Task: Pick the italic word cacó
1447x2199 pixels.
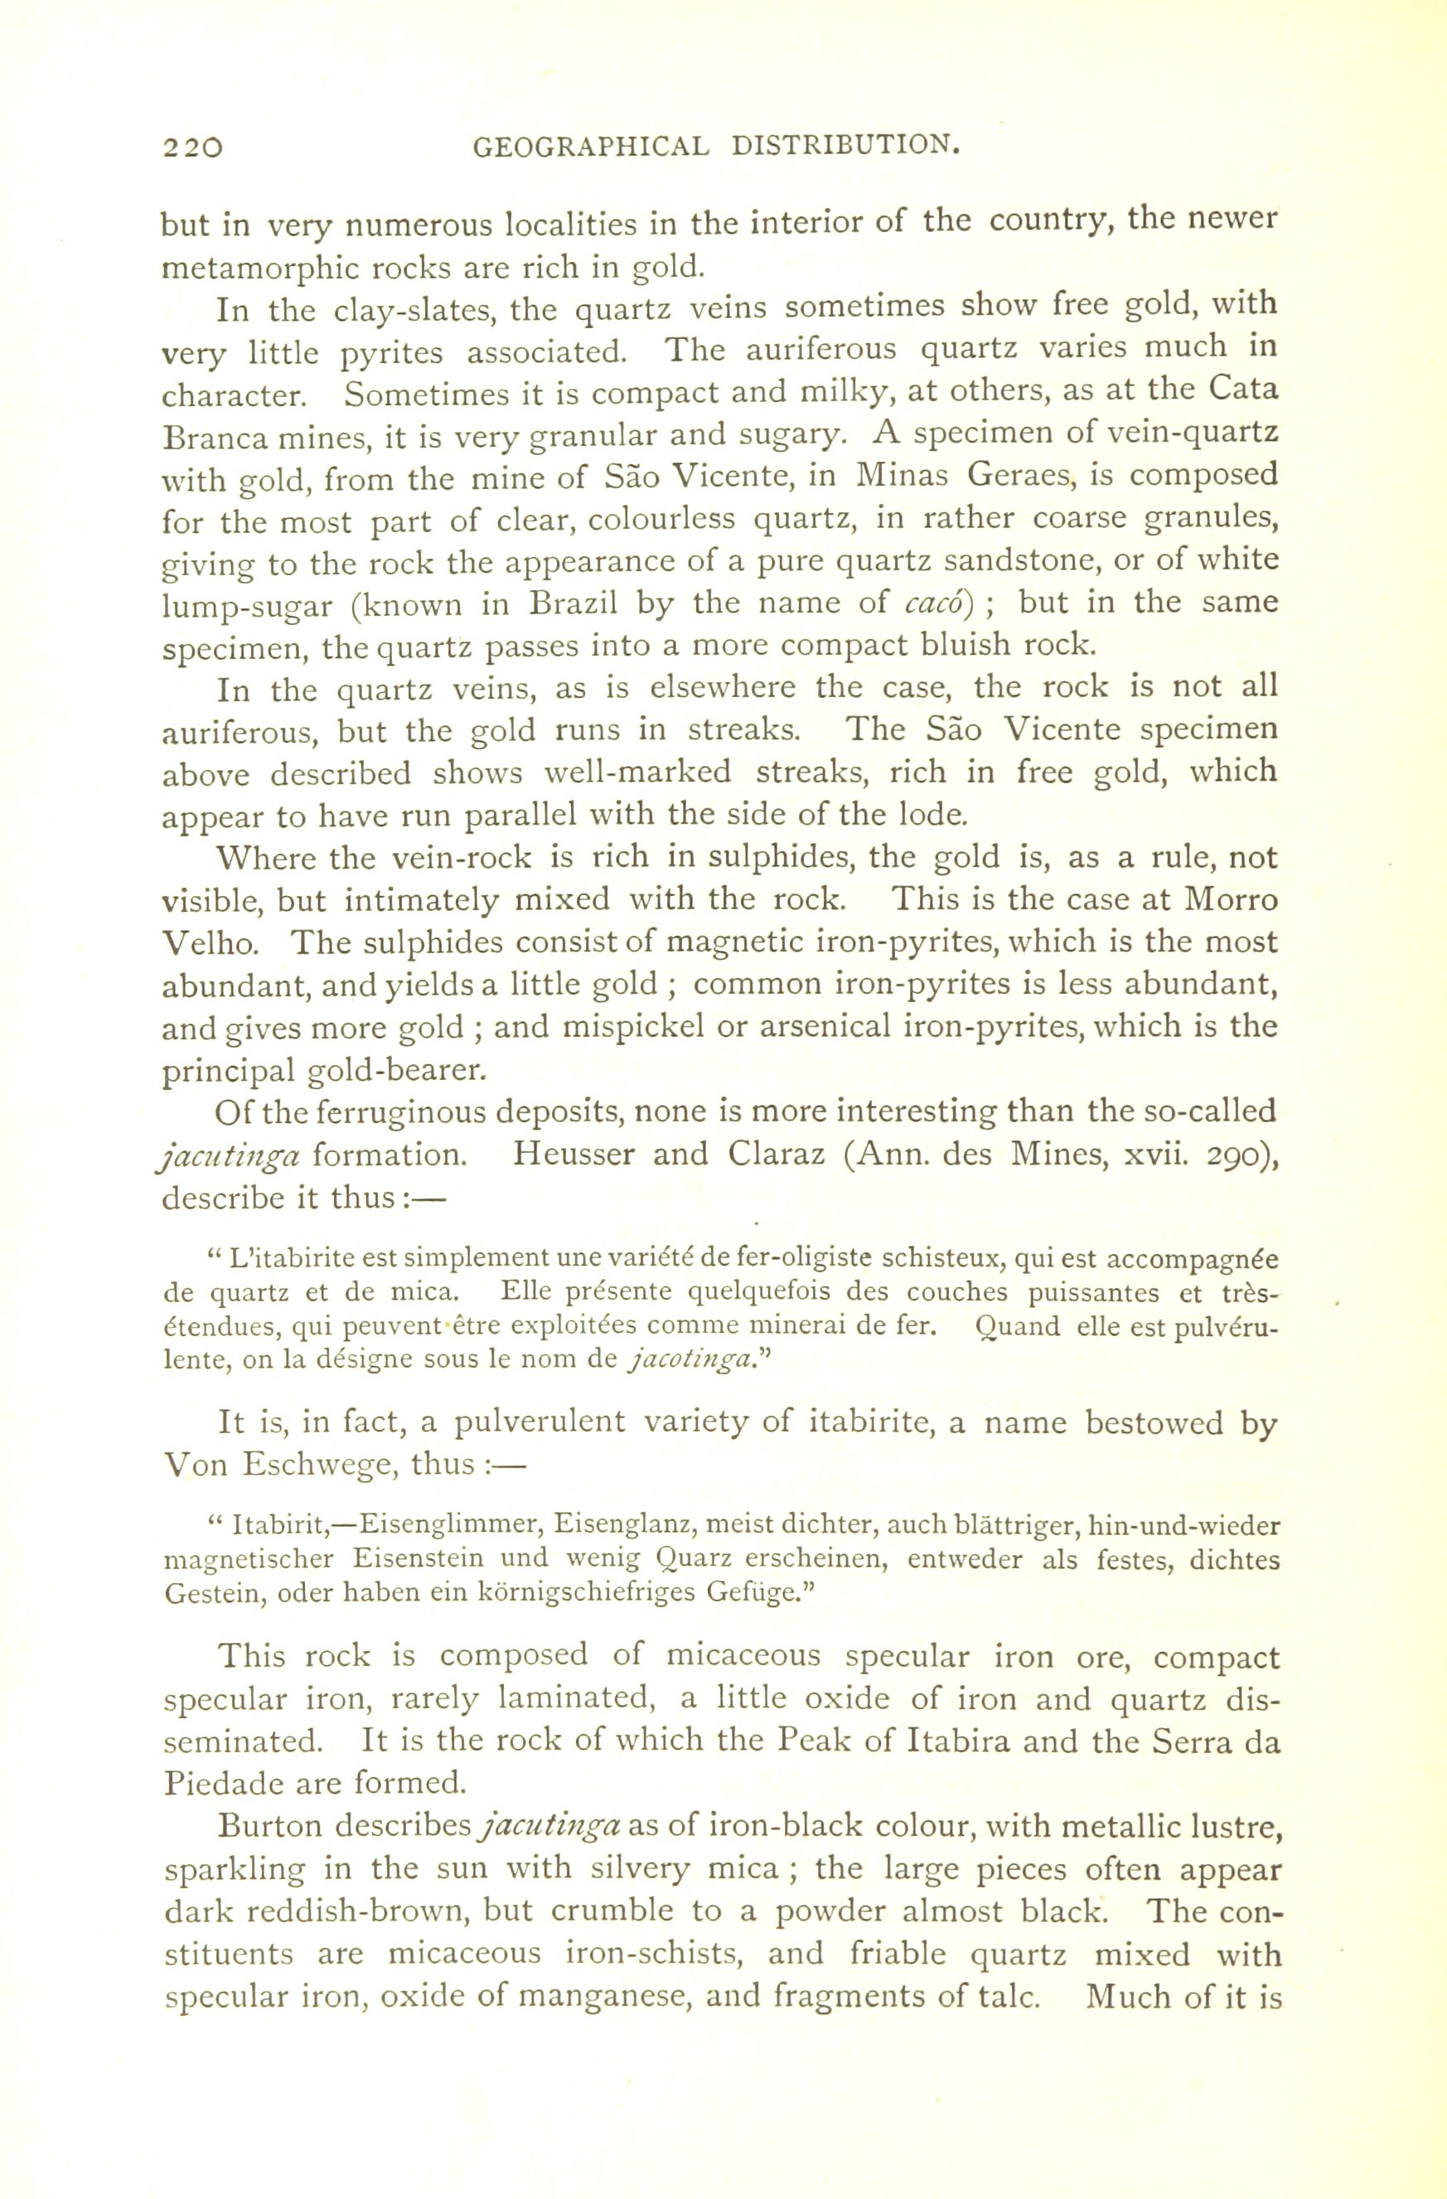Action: (934, 603)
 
